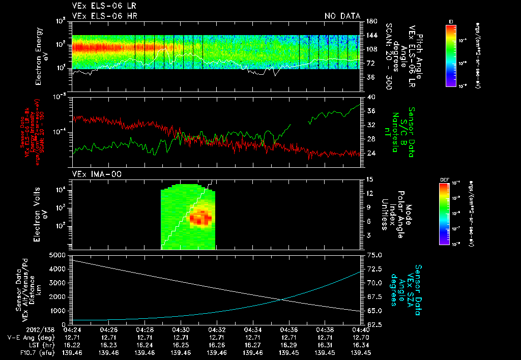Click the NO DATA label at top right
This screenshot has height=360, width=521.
tap(342, 16)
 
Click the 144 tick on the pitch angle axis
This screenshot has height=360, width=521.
tap(371, 36)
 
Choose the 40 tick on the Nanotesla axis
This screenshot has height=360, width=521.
tap(370, 97)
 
